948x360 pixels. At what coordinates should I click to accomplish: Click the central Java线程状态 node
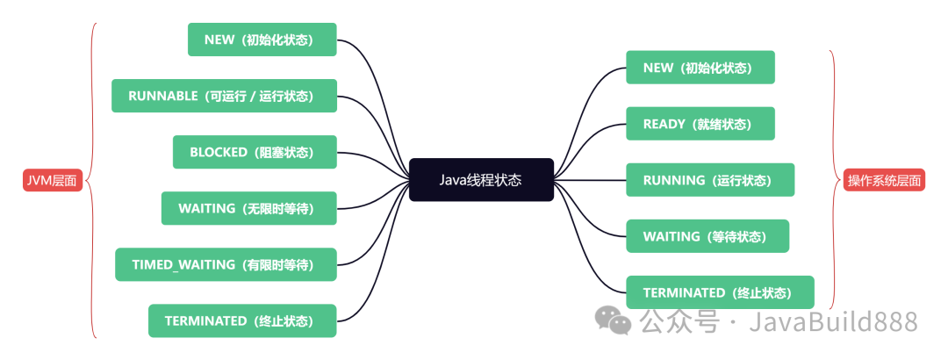click(x=481, y=180)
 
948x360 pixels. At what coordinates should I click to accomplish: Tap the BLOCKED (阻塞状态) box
click(x=255, y=152)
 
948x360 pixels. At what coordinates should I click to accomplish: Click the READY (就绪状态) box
click(x=700, y=124)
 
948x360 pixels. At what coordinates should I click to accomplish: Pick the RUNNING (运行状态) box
click(x=709, y=180)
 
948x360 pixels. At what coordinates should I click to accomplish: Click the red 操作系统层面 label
click(x=884, y=181)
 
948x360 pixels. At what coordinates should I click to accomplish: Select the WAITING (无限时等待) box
click(x=249, y=208)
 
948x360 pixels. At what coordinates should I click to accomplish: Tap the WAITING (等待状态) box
click(x=707, y=236)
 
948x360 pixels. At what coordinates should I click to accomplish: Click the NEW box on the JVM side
click(x=262, y=40)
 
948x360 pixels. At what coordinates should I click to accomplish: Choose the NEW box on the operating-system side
click(x=700, y=68)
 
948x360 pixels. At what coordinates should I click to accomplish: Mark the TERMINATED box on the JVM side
click(x=243, y=320)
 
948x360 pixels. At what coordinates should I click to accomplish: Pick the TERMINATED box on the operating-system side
click(x=720, y=292)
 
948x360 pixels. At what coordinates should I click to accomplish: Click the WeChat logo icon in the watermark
click(x=614, y=320)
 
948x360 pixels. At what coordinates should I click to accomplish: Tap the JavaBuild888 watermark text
click(x=833, y=321)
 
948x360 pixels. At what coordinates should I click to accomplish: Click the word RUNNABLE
click(x=163, y=96)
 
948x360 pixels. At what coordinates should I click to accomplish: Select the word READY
click(x=664, y=124)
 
